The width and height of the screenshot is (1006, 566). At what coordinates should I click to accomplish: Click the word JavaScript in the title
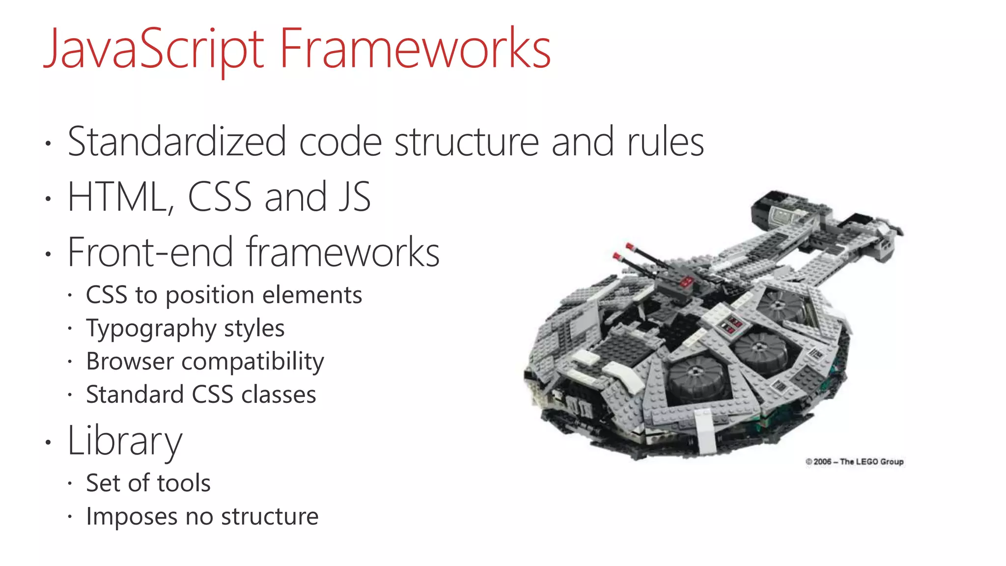tap(154, 49)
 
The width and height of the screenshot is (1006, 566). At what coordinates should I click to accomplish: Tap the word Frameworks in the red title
tap(415, 49)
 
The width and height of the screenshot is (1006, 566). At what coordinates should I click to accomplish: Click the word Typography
tap(151, 328)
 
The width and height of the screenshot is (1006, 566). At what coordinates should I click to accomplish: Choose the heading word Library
tap(125, 441)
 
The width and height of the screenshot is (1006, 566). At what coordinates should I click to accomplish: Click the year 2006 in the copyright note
tap(822, 462)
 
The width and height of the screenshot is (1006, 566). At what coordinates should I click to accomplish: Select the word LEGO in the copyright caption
tap(867, 462)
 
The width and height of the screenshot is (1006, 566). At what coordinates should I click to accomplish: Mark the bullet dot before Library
tap(48, 442)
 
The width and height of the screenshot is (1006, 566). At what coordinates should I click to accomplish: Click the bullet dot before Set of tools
tap(70, 483)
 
